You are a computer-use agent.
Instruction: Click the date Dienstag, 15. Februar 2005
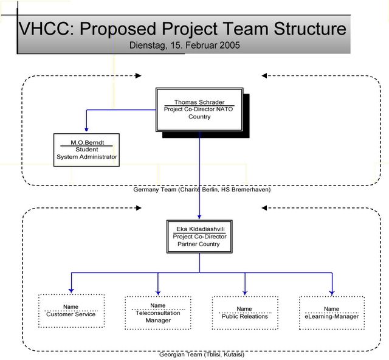185,45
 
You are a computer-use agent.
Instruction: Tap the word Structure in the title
310,29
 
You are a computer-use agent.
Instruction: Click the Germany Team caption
202,190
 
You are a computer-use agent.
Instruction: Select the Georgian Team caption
202,355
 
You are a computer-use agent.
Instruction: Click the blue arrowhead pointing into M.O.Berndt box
86,130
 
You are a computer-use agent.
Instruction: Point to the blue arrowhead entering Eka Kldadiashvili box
199,216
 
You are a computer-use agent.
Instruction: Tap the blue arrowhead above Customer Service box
72,291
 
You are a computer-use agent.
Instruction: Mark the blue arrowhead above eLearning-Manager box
332,293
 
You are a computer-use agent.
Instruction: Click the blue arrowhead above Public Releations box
245,293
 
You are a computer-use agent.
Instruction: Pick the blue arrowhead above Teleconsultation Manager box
158,293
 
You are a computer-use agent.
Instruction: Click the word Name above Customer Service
71,307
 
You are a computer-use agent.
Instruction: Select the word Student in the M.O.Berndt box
87,150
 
